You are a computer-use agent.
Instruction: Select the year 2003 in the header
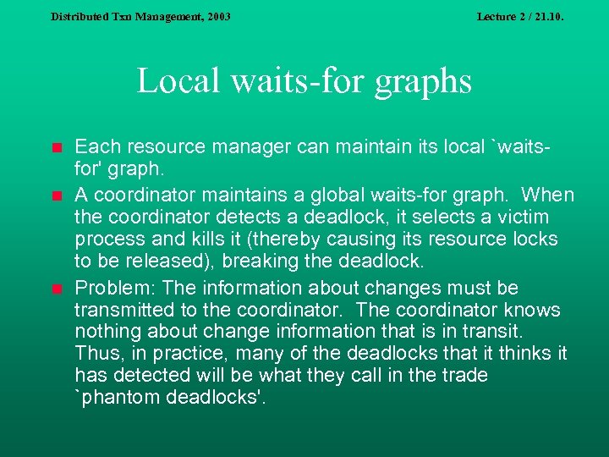tap(217, 16)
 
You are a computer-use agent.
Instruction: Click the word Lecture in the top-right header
tap(497, 16)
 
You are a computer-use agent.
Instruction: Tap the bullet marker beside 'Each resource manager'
tap(56, 148)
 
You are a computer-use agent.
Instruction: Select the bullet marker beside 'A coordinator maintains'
tap(56, 196)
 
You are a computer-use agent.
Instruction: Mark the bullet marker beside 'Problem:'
tap(56, 289)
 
